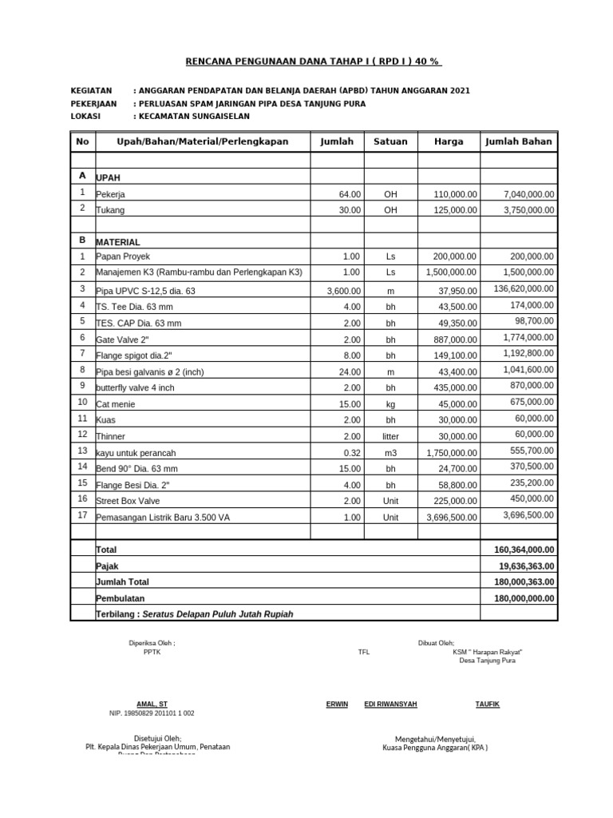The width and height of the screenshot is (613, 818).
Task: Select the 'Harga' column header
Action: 449,141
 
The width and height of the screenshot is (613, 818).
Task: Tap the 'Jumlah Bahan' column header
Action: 519,141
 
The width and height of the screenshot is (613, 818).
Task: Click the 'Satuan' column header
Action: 390,141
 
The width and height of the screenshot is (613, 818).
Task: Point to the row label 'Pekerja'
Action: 111,194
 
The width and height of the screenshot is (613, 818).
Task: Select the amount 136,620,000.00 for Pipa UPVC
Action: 524,288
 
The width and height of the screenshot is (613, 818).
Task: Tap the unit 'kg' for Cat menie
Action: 390,403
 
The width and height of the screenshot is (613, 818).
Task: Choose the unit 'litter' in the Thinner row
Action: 390,436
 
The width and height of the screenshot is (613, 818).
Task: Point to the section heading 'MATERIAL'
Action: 118,241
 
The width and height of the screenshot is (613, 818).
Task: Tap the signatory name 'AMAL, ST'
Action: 152,704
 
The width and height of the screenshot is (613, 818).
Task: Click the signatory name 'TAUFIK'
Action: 488,704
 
